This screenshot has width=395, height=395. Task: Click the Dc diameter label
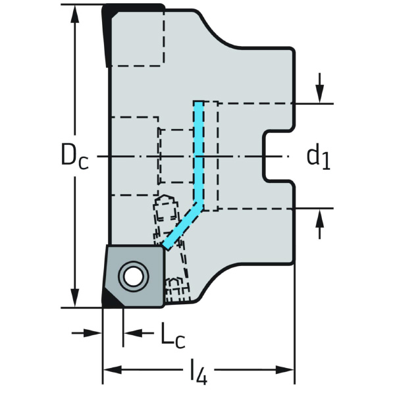[x=73, y=157]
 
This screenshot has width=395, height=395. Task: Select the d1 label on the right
[x=319, y=157]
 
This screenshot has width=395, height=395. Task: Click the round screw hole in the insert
[x=132, y=276]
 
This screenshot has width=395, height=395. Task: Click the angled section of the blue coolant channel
[x=181, y=227]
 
